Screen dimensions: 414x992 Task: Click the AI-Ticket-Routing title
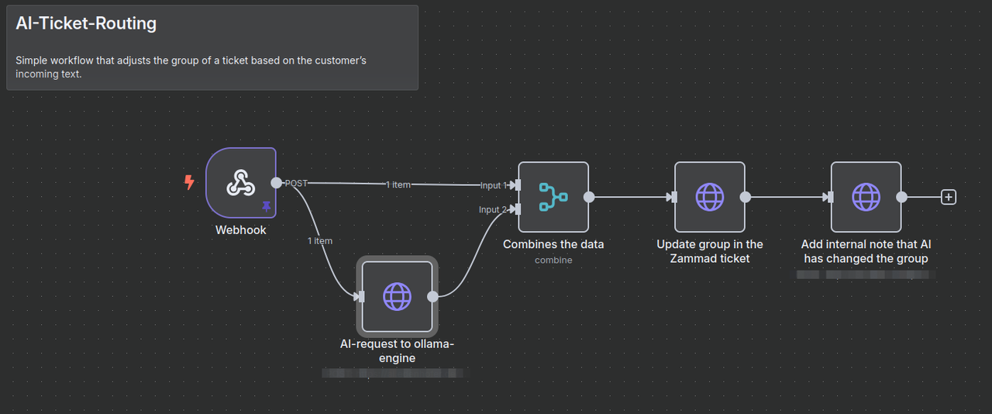(86, 24)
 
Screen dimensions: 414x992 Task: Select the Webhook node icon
(241, 183)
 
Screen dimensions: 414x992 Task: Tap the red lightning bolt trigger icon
(189, 183)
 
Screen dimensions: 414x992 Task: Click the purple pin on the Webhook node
(267, 206)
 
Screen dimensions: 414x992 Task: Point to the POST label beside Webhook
(296, 184)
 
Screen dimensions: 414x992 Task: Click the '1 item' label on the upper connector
(398, 185)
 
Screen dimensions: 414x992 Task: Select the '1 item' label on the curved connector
(319, 241)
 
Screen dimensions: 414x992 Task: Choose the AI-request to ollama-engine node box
(397, 296)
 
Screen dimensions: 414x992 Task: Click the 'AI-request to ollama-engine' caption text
(397, 351)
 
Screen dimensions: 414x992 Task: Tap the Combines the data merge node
(553, 197)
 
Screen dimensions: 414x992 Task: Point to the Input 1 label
(493, 185)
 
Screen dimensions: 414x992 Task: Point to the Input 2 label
(493, 209)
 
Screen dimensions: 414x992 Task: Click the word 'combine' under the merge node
(553, 260)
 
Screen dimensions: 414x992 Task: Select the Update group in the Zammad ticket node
(710, 197)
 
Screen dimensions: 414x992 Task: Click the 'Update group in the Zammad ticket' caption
(710, 251)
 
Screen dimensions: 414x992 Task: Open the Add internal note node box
(866, 197)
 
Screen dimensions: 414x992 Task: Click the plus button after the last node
(948, 197)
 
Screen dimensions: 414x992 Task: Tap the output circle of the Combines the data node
(589, 197)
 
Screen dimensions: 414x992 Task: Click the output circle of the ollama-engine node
(432, 296)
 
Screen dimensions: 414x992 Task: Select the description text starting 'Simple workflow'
(191, 67)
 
